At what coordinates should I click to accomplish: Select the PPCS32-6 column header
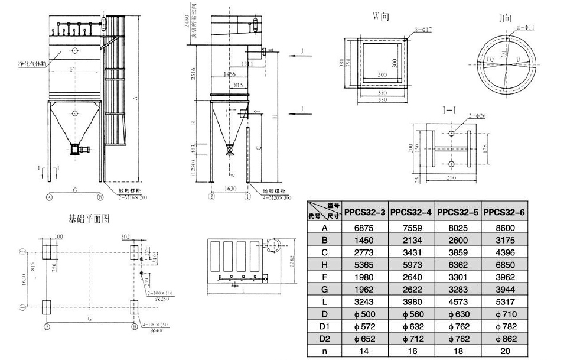(x=504, y=212)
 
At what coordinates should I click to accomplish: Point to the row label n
(x=324, y=351)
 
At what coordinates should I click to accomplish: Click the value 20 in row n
(x=504, y=351)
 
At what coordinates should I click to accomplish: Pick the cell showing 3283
(x=458, y=290)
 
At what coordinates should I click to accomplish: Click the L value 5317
(x=504, y=302)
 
